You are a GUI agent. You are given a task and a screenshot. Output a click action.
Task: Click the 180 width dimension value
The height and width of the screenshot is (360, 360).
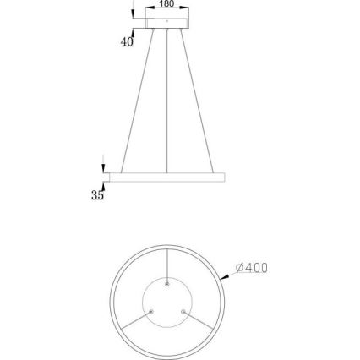[x=166, y=3]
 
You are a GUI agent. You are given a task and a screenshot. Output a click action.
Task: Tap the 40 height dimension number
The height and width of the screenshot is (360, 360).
[x=128, y=42]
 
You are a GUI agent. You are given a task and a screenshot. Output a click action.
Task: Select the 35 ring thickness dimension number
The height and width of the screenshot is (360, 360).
[x=97, y=195]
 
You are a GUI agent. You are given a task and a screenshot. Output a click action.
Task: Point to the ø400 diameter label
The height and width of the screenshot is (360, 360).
[x=251, y=268]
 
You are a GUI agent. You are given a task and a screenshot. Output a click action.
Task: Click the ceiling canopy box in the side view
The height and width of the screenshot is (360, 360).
[x=166, y=19]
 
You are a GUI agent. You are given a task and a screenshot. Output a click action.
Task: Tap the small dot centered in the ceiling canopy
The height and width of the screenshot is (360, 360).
[x=166, y=19]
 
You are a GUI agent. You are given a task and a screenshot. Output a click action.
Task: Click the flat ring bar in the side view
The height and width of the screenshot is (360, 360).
[x=166, y=177]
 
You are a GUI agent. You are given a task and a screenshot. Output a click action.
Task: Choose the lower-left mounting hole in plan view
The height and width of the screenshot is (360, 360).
[x=151, y=312]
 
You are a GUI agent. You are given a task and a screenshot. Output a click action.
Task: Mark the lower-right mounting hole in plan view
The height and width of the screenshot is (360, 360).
[x=183, y=312]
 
